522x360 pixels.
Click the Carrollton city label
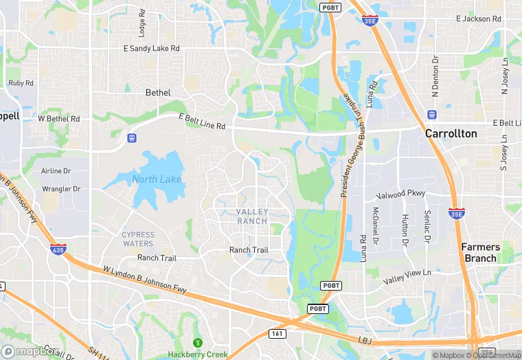pyautogui.click(x=451, y=133)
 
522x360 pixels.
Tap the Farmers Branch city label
pyautogui.click(x=479, y=252)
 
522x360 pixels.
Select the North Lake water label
pyautogui.click(x=157, y=179)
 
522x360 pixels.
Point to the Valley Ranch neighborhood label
pyautogui.click(x=251, y=216)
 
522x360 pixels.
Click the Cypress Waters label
pyautogui.click(x=138, y=238)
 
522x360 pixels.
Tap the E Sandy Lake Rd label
pyautogui.click(x=151, y=48)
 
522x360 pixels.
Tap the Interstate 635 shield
pyautogui.click(x=58, y=249)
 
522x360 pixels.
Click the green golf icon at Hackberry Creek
pyautogui.click(x=198, y=342)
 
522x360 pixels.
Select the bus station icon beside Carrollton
pyautogui.click(x=431, y=115)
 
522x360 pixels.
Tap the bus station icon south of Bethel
pyautogui.click(x=131, y=138)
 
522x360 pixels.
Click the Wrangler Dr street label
pyautogui.click(x=61, y=188)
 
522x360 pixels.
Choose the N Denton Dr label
pyautogui.click(x=435, y=69)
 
